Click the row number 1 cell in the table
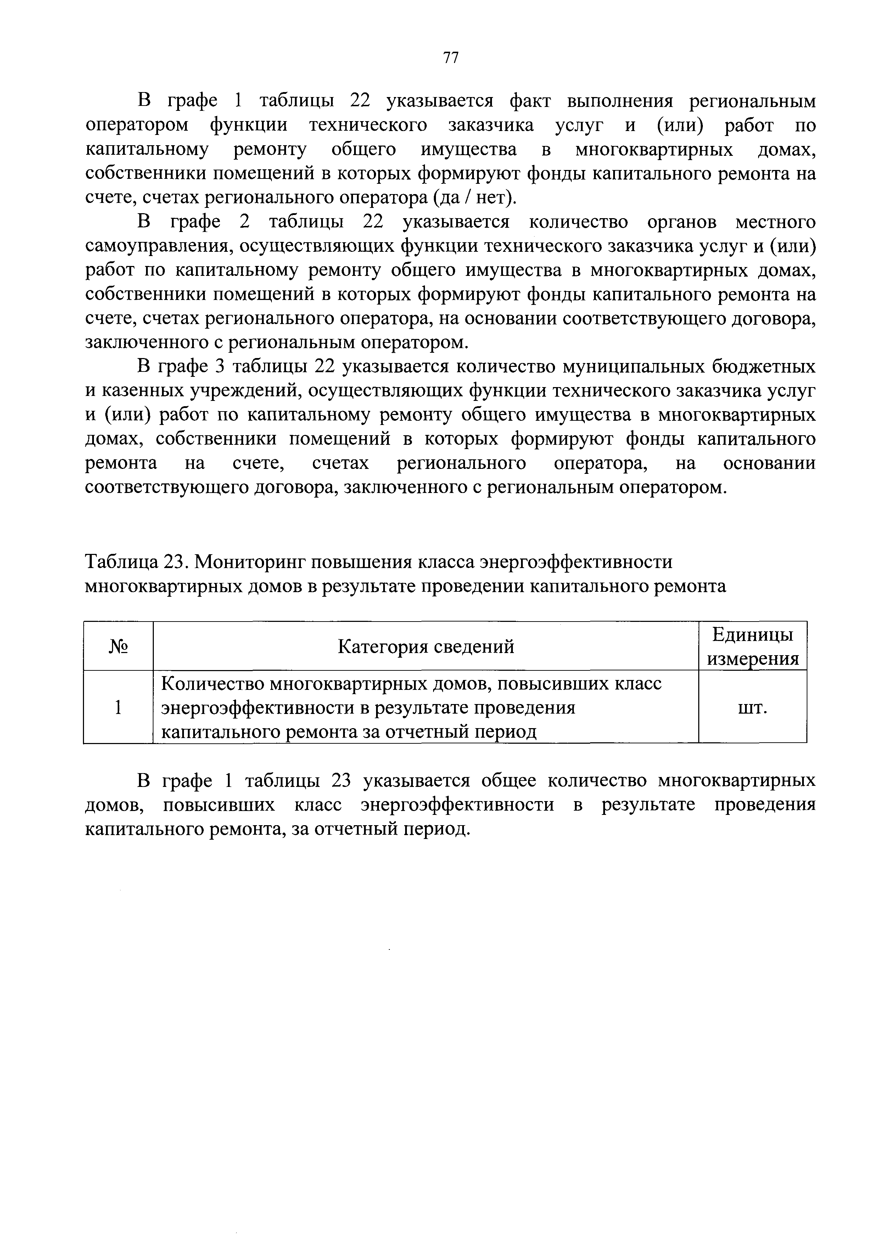click(118, 708)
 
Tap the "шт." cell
click(753, 708)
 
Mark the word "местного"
click(775, 222)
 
